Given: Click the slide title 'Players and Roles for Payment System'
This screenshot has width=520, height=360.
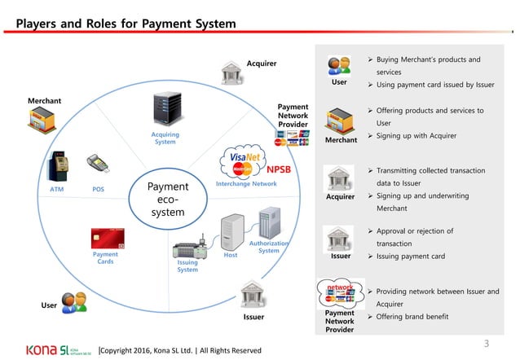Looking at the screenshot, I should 126,24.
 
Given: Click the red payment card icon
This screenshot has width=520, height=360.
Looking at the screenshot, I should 106,238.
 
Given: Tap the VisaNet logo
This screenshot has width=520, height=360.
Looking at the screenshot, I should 245,159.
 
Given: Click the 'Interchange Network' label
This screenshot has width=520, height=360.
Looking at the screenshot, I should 246,184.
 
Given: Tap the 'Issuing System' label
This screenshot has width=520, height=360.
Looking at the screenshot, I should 187,266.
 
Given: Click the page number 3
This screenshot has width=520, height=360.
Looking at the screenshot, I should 487,342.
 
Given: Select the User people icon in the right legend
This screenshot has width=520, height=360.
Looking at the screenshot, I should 339,65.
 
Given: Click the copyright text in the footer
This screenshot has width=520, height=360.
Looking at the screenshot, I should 179,350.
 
